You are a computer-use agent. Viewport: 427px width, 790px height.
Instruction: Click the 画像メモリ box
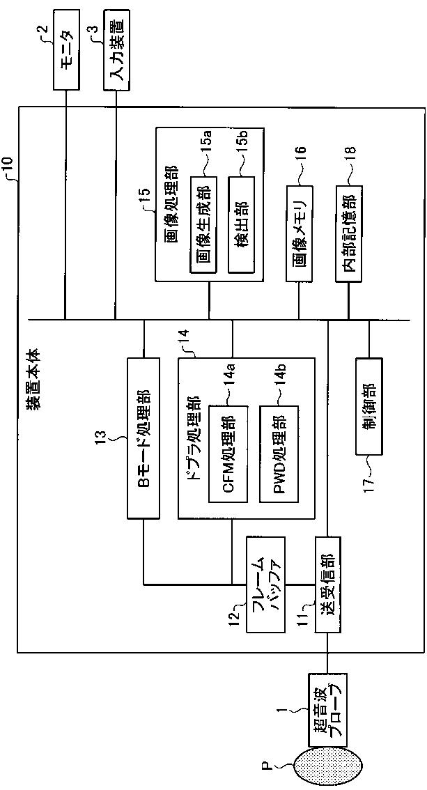click(300, 234)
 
